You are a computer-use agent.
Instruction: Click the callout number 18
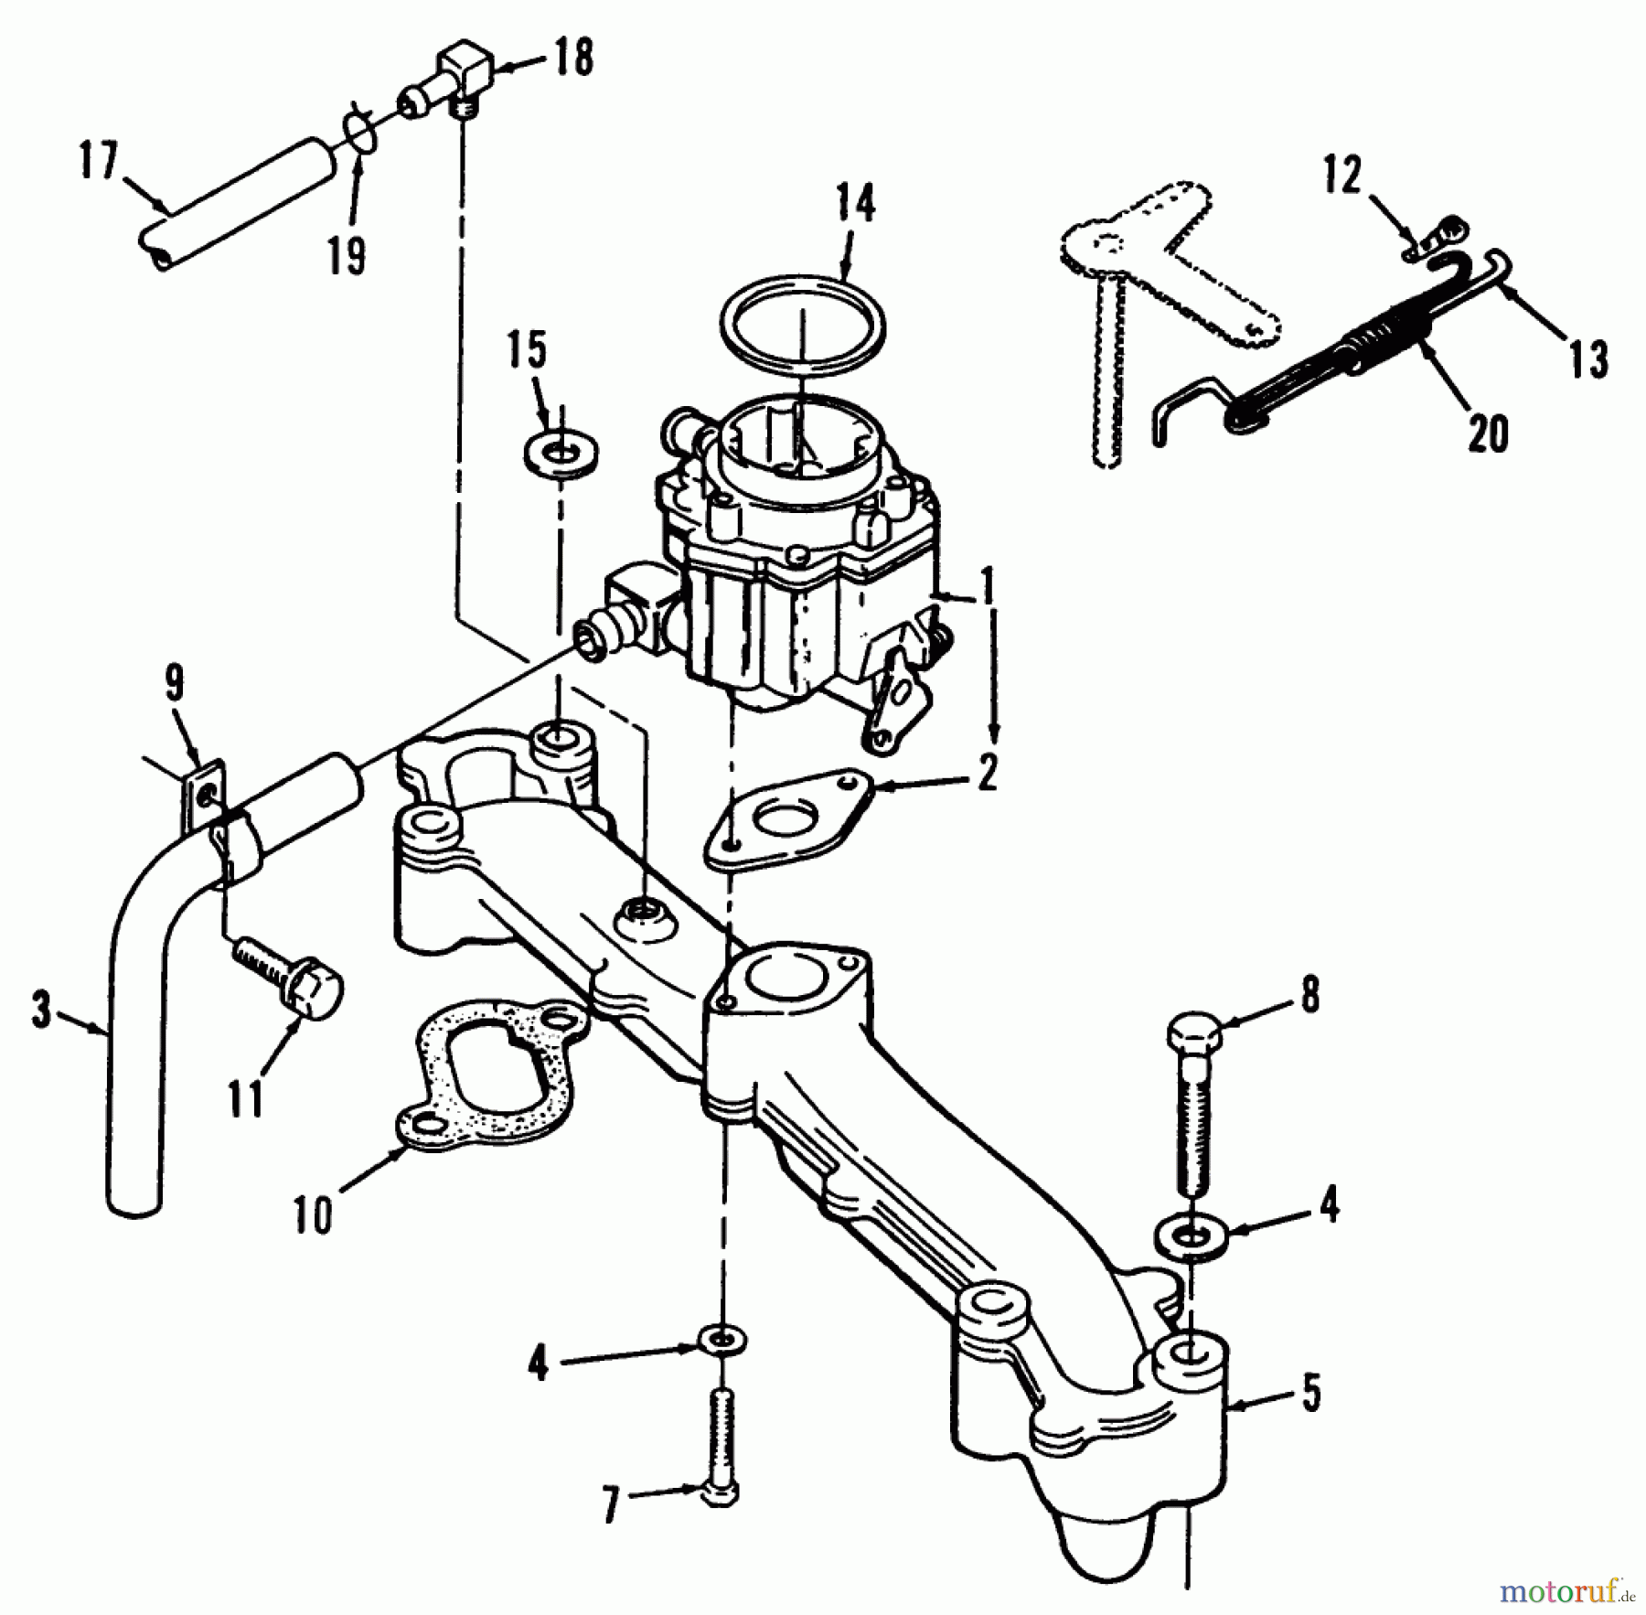pyautogui.click(x=572, y=58)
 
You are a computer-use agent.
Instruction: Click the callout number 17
pyautogui.click(x=99, y=165)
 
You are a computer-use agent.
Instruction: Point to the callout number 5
pyautogui.click(x=1310, y=1394)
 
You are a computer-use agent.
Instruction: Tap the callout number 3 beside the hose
pyautogui.click(x=41, y=1011)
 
